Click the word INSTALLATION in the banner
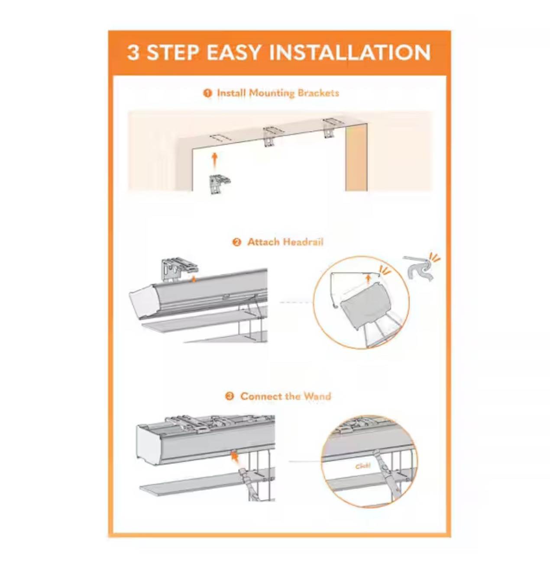pos(350,53)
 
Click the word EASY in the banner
pos(234,53)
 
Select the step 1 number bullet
pos(207,93)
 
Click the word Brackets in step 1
pos(318,93)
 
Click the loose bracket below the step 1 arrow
pos(219,185)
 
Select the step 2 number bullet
pos(236,242)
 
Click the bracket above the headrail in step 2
pos(179,270)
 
